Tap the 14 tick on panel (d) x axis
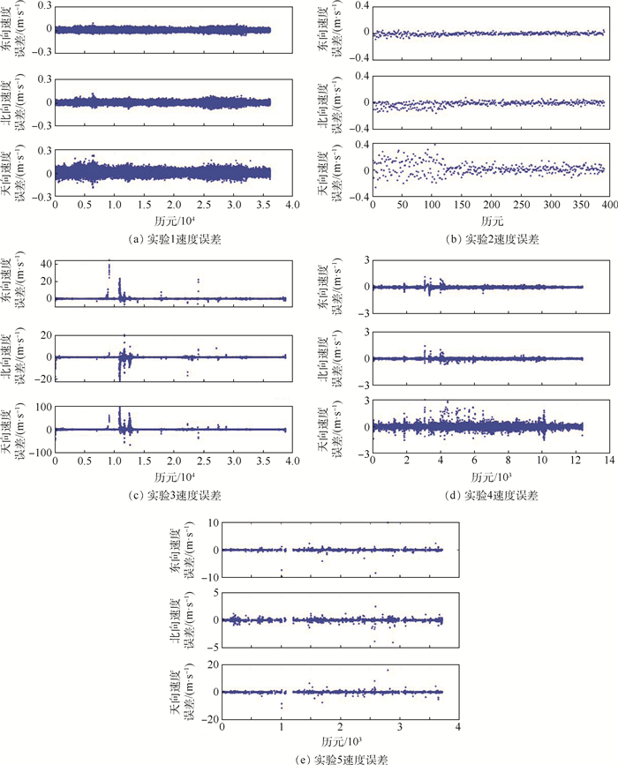608,460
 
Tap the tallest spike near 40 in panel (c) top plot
109,262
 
